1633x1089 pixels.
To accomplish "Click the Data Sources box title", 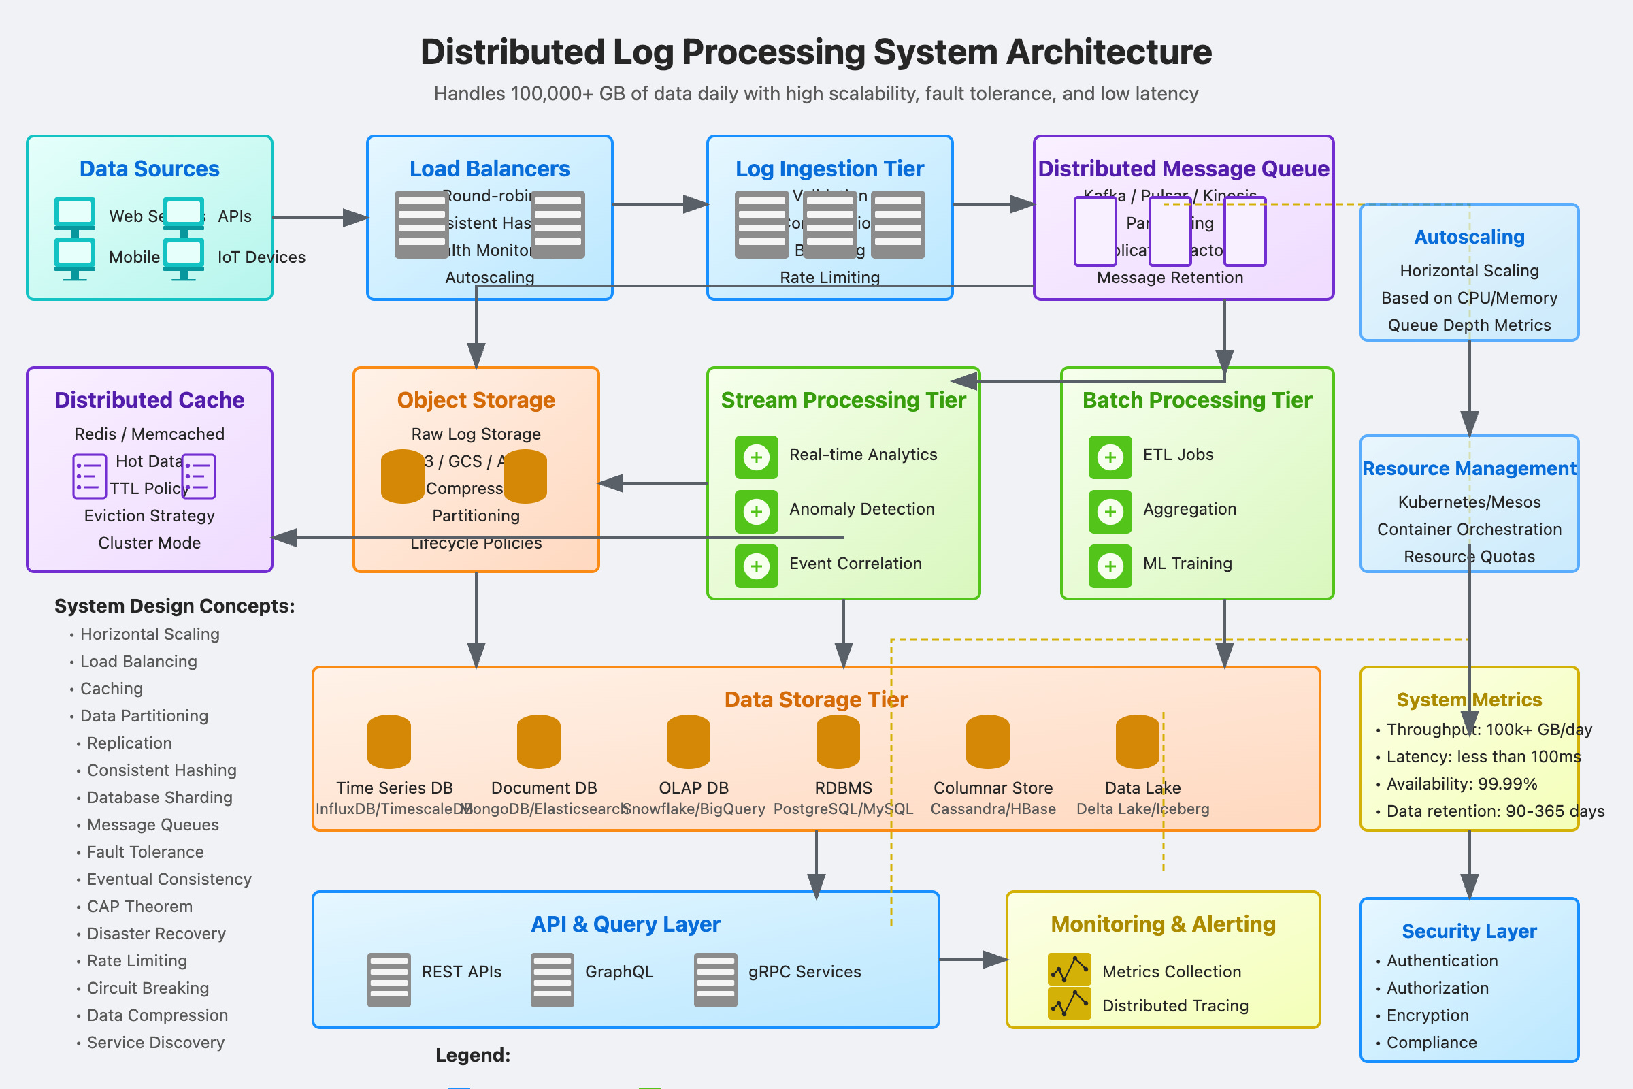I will (x=149, y=169).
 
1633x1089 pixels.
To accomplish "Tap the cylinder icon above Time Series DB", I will (x=389, y=742).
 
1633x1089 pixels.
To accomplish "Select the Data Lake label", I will (x=1142, y=788).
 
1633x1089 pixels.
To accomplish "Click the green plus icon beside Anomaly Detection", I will (x=756, y=512).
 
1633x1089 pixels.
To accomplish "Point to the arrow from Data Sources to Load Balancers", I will (x=319, y=217).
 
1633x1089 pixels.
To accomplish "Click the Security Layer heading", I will (x=1468, y=931).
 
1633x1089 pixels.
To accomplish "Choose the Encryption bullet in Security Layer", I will (x=1427, y=1015).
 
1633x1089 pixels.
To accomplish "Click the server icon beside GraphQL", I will (x=552, y=979).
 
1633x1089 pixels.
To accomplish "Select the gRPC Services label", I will (x=804, y=972).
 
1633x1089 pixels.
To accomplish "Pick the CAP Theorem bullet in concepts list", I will (x=139, y=907).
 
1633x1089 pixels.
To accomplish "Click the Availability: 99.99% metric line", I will (x=1461, y=784).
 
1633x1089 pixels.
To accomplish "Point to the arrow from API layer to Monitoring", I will (x=972, y=960).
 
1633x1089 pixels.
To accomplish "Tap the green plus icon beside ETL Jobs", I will (x=1110, y=457).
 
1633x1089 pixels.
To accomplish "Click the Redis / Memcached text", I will (x=149, y=434).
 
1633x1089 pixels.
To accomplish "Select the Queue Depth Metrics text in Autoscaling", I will (x=1468, y=325).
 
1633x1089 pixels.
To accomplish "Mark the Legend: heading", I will (x=473, y=1055).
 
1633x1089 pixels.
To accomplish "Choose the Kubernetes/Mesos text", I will (x=1468, y=502).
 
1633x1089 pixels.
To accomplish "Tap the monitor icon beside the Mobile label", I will (x=74, y=259).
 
